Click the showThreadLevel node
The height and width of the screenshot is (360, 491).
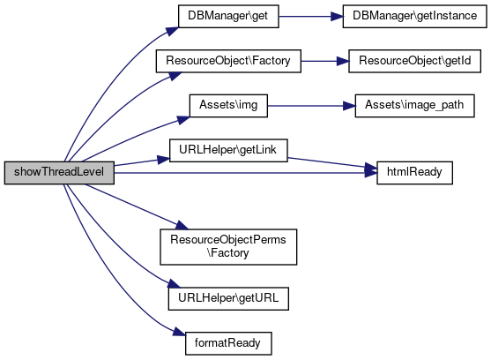tap(59, 173)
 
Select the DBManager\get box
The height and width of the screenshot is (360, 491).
tap(228, 16)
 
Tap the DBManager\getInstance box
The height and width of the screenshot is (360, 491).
tap(414, 16)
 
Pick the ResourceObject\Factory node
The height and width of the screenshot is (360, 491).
tap(228, 61)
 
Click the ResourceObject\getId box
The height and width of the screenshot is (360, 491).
tap(414, 61)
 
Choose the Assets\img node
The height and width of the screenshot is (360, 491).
tap(228, 106)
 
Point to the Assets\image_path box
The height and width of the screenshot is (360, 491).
tap(414, 106)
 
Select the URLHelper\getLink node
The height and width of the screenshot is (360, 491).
tap(228, 150)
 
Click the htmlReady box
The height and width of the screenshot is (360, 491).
tap(414, 173)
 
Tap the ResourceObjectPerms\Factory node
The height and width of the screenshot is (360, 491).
tap(228, 247)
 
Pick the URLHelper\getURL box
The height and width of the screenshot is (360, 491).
tap(228, 298)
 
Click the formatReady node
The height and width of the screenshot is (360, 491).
tap(228, 343)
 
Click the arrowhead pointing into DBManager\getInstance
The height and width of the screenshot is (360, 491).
tap(337, 16)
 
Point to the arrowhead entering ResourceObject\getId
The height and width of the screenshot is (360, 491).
tap(343, 61)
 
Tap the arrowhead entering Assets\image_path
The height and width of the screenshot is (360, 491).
tap(349, 106)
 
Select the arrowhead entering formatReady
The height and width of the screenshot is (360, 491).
tap(180, 332)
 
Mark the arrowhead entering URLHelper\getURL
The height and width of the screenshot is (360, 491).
tap(175, 283)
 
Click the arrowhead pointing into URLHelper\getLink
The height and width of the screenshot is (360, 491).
tap(163, 160)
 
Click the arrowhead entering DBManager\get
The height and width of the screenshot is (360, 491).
tap(172, 32)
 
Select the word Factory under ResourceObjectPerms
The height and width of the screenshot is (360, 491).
tap(228, 253)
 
